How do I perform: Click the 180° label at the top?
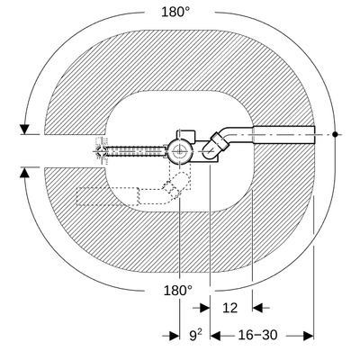point(175,13)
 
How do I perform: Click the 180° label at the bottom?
point(177,291)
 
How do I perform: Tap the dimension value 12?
point(230,308)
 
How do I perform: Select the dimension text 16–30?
point(257,335)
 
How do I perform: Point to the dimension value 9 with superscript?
point(195,335)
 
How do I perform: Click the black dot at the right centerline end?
point(335,134)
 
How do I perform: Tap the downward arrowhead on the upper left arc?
point(24,129)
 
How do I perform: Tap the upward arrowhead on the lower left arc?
point(24,173)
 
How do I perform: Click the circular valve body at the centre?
point(179,150)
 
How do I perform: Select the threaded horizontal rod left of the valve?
point(136,151)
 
